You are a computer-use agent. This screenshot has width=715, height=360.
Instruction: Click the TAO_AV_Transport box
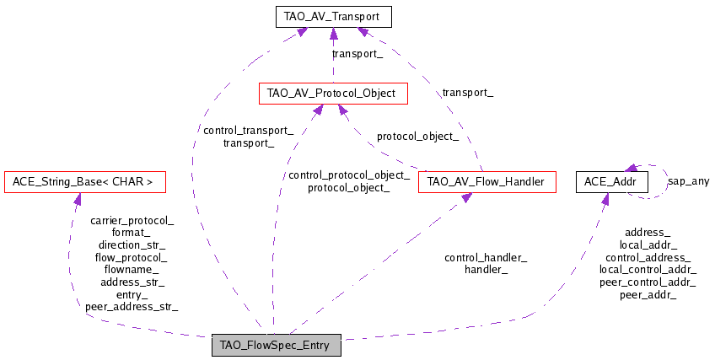pyautogui.click(x=333, y=17)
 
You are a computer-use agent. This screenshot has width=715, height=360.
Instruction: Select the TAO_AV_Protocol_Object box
pyautogui.click(x=333, y=94)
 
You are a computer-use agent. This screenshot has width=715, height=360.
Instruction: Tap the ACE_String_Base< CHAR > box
pyautogui.click(x=85, y=182)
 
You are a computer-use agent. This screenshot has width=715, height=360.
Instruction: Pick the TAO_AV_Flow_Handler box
pyautogui.click(x=487, y=182)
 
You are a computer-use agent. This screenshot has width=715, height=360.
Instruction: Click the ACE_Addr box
pyautogui.click(x=612, y=182)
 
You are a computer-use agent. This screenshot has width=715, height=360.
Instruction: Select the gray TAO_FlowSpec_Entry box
pyautogui.click(x=277, y=345)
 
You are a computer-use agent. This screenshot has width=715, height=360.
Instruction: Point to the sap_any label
pyautogui.click(x=689, y=181)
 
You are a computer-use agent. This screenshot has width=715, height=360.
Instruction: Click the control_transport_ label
pyautogui.click(x=248, y=131)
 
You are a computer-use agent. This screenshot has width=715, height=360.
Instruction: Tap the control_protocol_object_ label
pyautogui.click(x=349, y=175)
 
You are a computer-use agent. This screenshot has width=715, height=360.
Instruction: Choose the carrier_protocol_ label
pyautogui.click(x=132, y=221)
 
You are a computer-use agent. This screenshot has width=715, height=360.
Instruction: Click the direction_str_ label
pyautogui.click(x=132, y=245)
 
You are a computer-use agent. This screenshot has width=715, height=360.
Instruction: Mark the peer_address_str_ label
pyautogui.click(x=132, y=307)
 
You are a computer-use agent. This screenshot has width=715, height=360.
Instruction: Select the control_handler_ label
pyautogui.click(x=487, y=258)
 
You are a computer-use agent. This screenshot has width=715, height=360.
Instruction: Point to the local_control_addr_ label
pyautogui.click(x=648, y=270)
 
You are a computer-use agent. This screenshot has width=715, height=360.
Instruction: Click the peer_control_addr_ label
pyautogui.click(x=648, y=282)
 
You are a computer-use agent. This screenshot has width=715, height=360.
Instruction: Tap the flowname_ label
pyautogui.click(x=132, y=270)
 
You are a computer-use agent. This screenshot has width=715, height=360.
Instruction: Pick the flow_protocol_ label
pyautogui.click(x=132, y=257)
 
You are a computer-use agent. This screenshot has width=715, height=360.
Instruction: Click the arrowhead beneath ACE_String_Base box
pyautogui.click(x=77, y=198)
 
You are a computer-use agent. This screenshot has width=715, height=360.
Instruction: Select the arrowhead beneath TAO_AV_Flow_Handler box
pyautogui.click(x=466, y=197)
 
